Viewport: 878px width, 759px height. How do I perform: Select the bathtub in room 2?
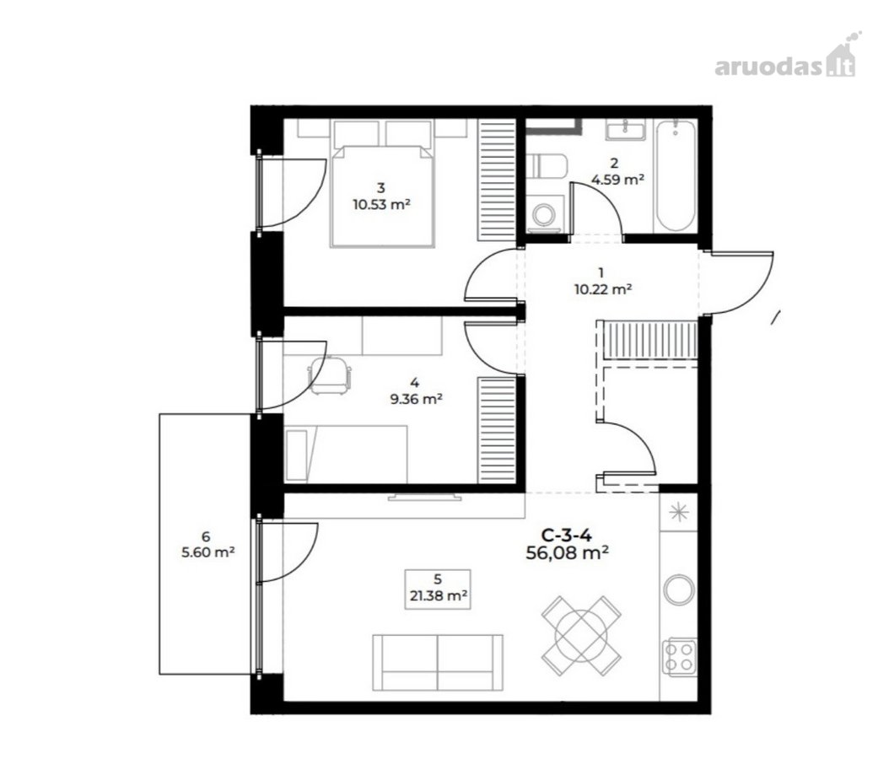pyautogui.click(x=676, y=175)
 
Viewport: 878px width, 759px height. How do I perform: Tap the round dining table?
pyautogui.click(x=581, y=635)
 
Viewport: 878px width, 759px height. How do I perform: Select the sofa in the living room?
pyautogui.click(x=438, y=663)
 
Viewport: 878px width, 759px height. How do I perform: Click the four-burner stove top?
pyautogui.click(x=679, y=657)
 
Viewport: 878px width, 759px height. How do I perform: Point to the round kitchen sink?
pyautogui.click(x=679, y=589)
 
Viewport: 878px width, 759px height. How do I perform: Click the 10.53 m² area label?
pyautogui.click(x=381, y=205)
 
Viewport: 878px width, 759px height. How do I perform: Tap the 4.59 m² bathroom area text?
pyautogui.click(x=617, y=180)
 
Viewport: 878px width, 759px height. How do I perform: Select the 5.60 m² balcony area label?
pyautogui.click(x=207, y=552)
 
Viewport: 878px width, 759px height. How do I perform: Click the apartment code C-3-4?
pyautogui.click(x=567, y=536)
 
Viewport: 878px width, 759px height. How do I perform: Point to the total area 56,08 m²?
pyautogui.click(x=568, y=553)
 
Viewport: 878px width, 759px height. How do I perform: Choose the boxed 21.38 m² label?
pyautogui.click(x=438, y=589)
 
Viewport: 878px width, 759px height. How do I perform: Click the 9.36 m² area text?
pyautogui.click(x=416, y=400)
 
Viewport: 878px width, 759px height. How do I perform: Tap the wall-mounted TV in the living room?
pyautogui.click(x=424, y=496)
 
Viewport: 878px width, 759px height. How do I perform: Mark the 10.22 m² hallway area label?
pyautogui.click(x=603, y=290)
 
